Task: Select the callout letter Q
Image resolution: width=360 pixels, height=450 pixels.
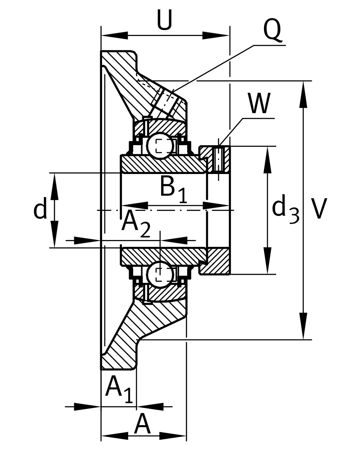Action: (x=272, y=31)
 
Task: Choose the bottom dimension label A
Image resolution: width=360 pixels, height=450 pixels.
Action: (x=142, y=424)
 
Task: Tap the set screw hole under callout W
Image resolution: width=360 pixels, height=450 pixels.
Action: (x=218, y=159)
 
